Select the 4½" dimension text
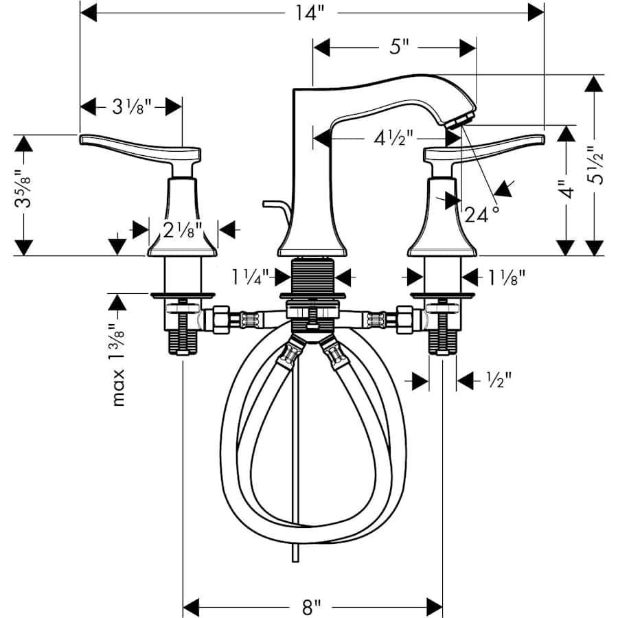click(x=393, y=138)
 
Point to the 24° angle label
click(x=481, y=215)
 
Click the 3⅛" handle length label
click(x=131, y=106)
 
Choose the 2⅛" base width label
click(x=183, y=230)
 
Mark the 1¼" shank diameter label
click(x=250, y=277)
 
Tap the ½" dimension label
click(x=499, y=380)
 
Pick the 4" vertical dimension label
click(x=564, y=190)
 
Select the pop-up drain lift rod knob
click(x=268, y=204)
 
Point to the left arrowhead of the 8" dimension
click(x=192, y=607)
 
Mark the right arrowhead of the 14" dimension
click(x=536, y=12)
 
